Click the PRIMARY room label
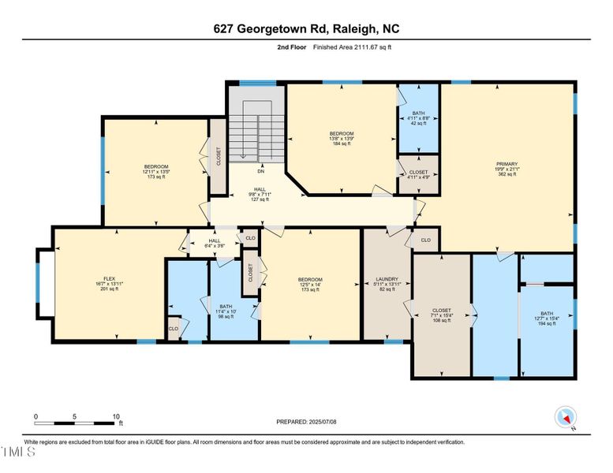[506, 169]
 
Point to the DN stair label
[260, 171]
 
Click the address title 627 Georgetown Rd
[306, 29]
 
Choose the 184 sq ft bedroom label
[342, 139]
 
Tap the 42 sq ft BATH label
[419, 118]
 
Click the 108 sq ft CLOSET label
[441, 315]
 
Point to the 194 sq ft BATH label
[547, 318]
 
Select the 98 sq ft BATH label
[226, 311]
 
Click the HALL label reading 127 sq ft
[260, 194]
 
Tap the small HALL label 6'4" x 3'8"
[214, 244]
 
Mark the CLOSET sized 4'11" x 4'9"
[418, 176]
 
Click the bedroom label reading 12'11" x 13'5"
[155, 171]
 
